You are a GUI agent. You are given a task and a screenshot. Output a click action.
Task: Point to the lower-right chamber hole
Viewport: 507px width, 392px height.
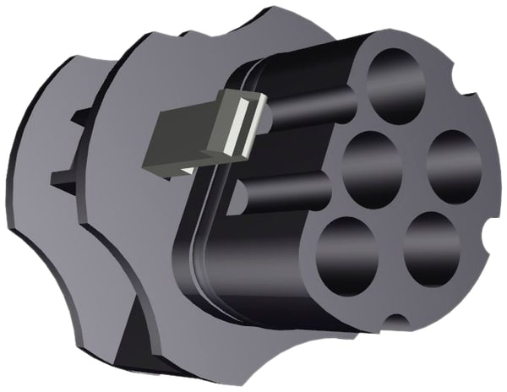(x=431, y=248)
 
